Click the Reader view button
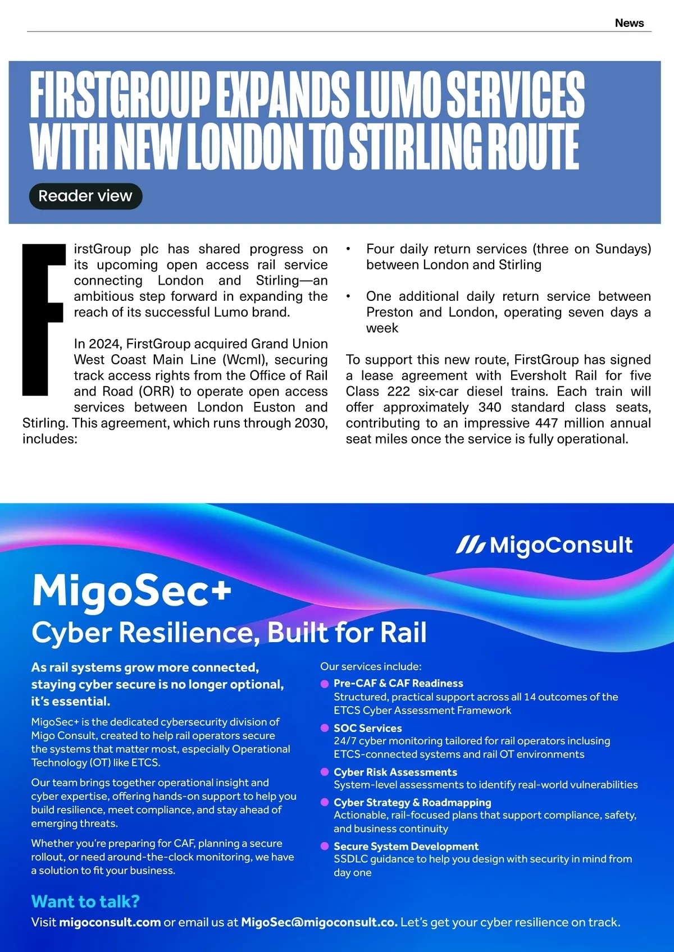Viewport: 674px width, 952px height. (85, 196)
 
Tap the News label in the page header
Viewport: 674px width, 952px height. (629, 23)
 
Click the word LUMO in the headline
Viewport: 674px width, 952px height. (398, 94)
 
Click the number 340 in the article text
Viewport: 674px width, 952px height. (490, 407)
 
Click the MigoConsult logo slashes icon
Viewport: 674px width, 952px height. (470, 544)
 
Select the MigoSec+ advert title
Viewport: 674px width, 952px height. (132, 591)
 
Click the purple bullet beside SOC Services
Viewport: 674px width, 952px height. (324, 728)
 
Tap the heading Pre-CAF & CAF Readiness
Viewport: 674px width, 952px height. (398, 683)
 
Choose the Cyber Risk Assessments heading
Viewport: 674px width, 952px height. (395, 772)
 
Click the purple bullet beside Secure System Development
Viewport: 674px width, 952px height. (324, 846)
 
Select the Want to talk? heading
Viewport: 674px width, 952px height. (85, 901)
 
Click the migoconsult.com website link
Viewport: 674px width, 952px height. (110, 922)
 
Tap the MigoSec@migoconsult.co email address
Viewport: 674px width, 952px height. (319, 922)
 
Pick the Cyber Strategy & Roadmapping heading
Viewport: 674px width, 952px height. (412, 802)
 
